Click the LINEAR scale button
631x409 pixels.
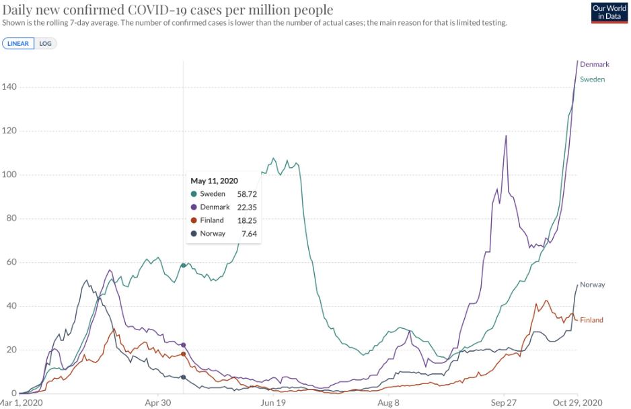coord(18,43)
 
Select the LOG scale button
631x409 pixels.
coord(45,43)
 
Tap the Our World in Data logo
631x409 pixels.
coord(609,12)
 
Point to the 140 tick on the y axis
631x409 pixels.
coord(8,87)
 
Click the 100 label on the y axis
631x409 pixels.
coord(8,175)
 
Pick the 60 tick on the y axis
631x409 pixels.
coord(10,262)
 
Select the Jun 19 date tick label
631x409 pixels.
coord(273,403)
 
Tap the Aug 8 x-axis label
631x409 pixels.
coord(389,403)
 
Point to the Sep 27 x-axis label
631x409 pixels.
coord(504,403)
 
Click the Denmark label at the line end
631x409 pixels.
coord(595,64)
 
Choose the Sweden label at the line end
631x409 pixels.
coord(593,80)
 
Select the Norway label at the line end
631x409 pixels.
coord(593,284)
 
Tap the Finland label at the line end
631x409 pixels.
coord(591,320)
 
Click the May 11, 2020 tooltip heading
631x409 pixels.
coord(214,181)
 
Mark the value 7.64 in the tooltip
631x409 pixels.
coord(249,234)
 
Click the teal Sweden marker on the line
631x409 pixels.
coord(184,265)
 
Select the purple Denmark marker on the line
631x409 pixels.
coord(184,345)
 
